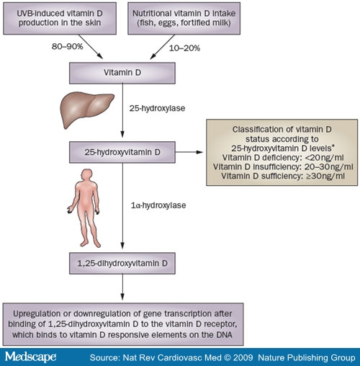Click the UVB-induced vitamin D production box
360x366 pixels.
click(60, 18)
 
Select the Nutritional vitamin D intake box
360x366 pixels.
click(184, 18)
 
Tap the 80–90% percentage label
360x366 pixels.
click(68, 46)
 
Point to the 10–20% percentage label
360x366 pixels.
click(184, 48)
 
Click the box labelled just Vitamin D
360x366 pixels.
click(122, 73)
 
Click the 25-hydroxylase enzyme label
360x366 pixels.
click(157, 108)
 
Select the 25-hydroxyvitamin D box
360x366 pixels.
click(122, 152)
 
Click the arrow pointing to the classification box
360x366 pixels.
click(189, 152)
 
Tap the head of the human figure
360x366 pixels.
click(86, 175)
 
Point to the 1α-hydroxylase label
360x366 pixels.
click(158, 205)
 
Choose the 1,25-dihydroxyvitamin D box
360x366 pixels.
click(122, 263)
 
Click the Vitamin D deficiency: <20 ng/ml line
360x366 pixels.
click(283, 158)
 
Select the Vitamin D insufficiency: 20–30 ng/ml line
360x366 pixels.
click(283, 166)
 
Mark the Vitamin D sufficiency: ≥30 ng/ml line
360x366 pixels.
click(283, 176)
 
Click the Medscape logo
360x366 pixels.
click(30, 357)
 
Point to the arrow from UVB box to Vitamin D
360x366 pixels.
click(91, 47)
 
